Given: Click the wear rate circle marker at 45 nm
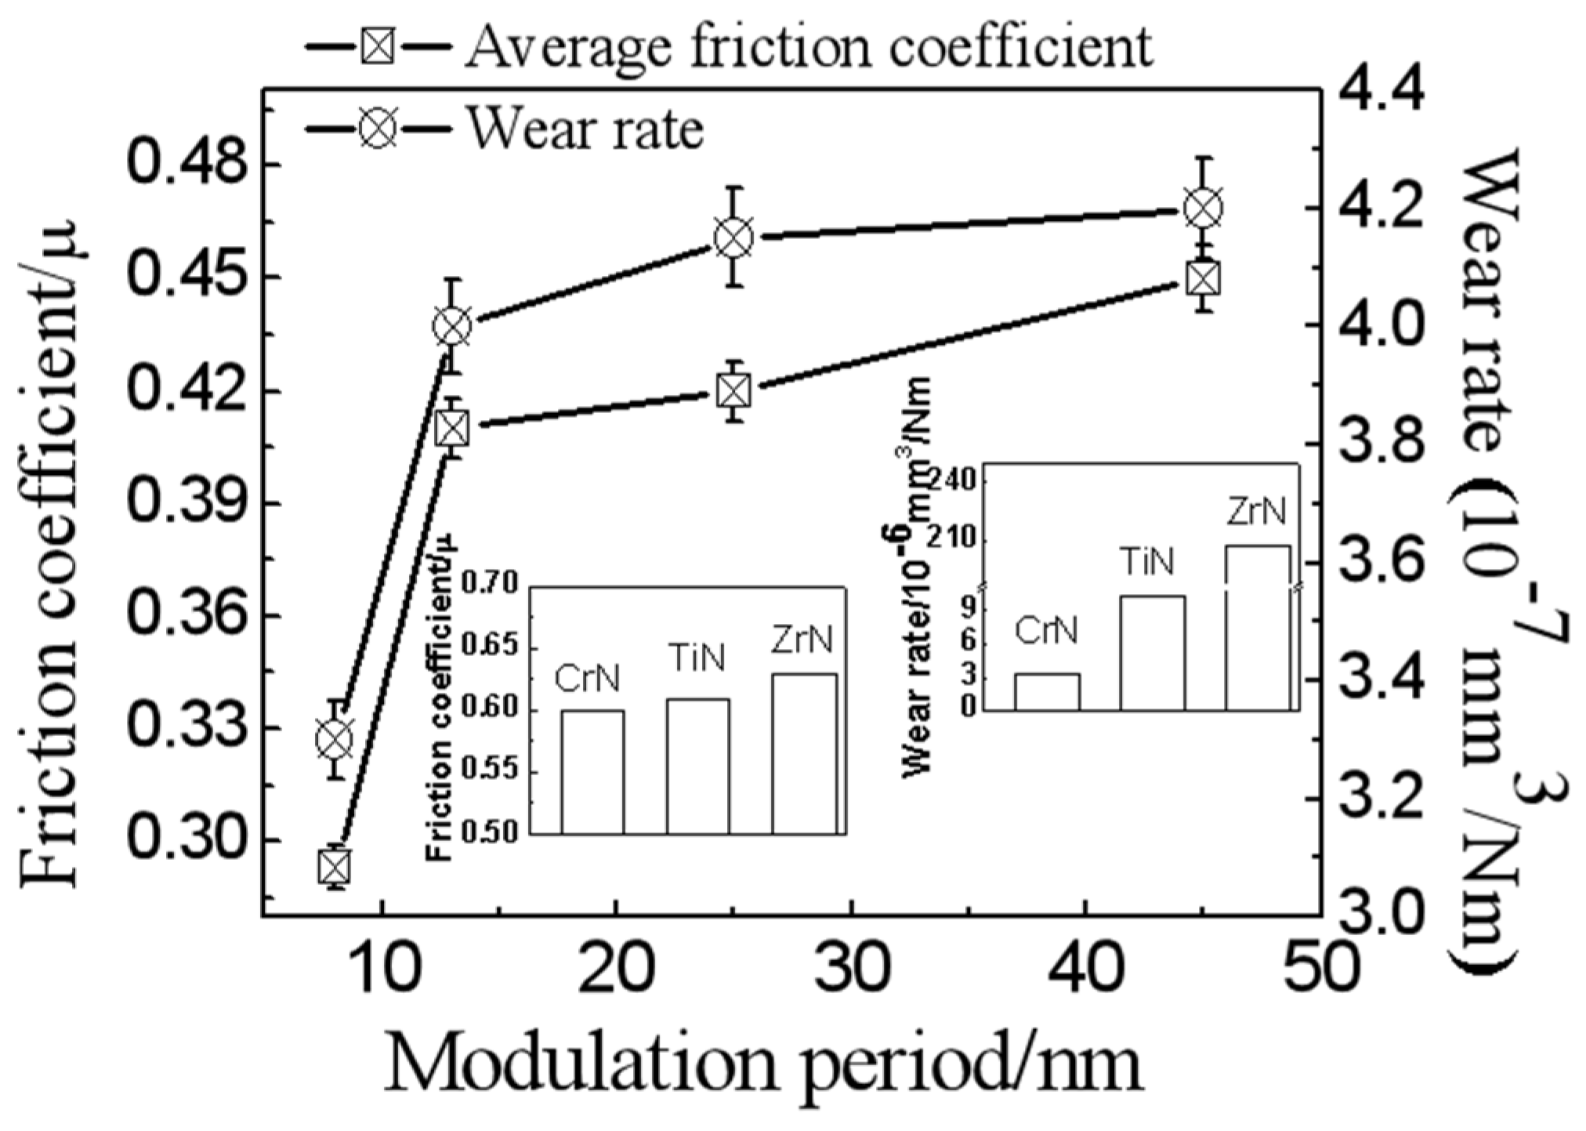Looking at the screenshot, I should tap(1204, 208).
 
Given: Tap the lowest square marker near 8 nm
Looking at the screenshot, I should tap(335, 867).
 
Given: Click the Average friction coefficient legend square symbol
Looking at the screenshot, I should tap(378, 48).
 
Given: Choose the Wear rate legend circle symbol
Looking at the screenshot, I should tap(378, 128).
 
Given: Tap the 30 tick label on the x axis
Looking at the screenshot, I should tap(850, 968).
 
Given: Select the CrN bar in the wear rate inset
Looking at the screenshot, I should tap(1047, 692).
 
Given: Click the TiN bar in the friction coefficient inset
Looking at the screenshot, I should tap(698, 766).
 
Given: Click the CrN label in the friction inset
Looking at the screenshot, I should tap(588, 680).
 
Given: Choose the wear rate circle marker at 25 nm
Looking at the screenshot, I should tap(733, 237).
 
